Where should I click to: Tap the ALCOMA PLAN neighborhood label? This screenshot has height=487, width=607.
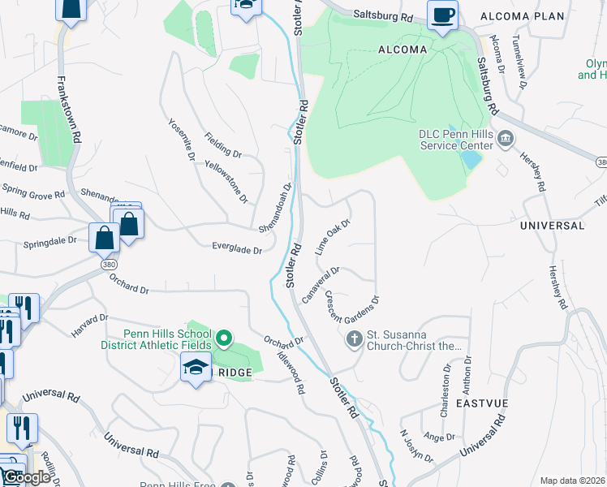point(533,16)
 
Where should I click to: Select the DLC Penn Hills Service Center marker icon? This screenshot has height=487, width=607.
point(506,139)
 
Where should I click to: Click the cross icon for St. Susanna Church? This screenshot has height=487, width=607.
point(354,338)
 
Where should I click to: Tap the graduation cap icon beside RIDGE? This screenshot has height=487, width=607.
point(196,368)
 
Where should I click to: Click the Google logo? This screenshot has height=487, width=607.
point(26,477)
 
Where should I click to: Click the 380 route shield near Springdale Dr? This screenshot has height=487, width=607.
point(107,265)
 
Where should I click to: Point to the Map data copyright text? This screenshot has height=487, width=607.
point(572,481)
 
